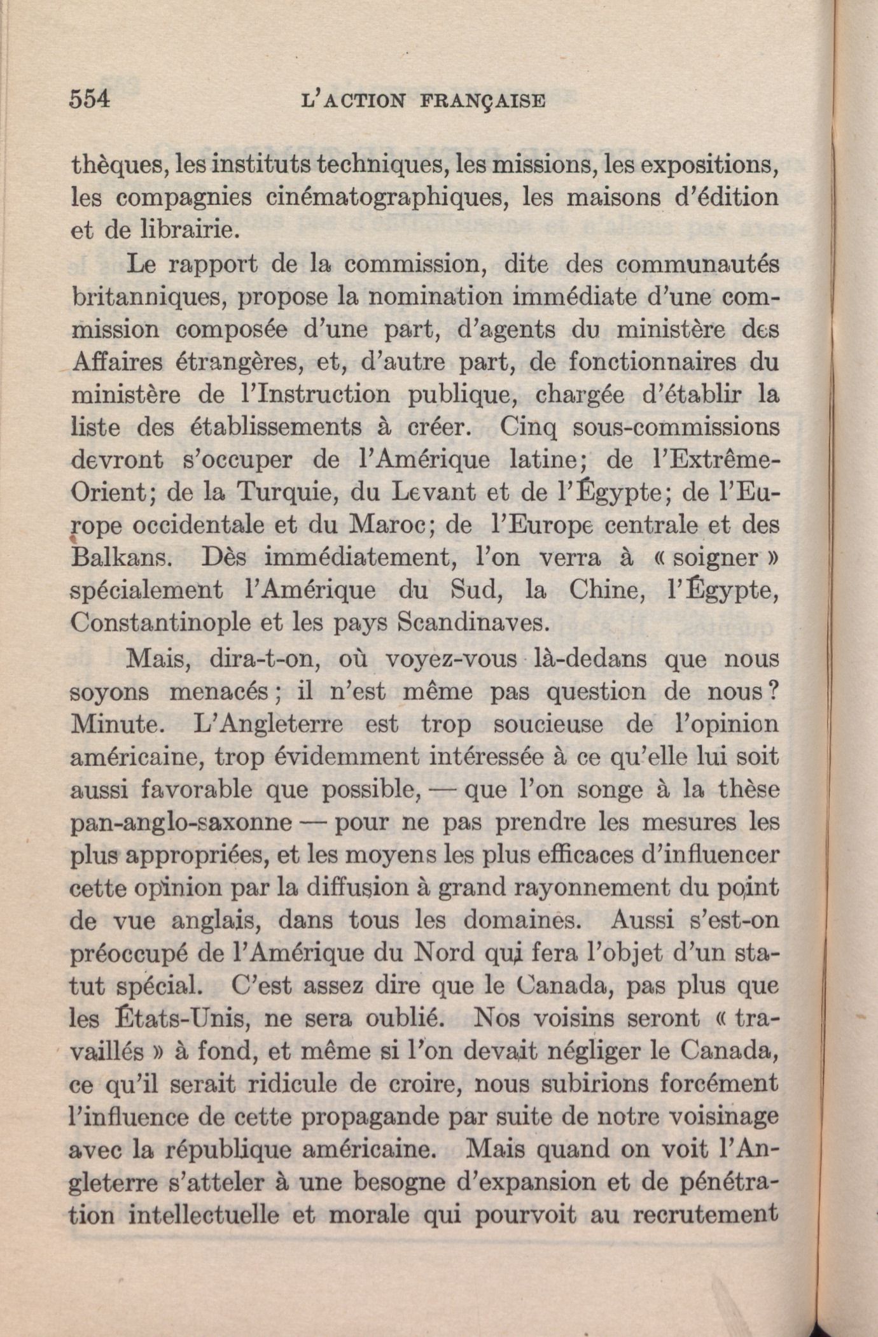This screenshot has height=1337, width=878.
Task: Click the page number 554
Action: [x=90, y=100]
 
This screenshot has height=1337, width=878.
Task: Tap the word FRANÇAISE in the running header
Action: [x=483, y=101]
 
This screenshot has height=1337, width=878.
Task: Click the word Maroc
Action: [x=386, y=526]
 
